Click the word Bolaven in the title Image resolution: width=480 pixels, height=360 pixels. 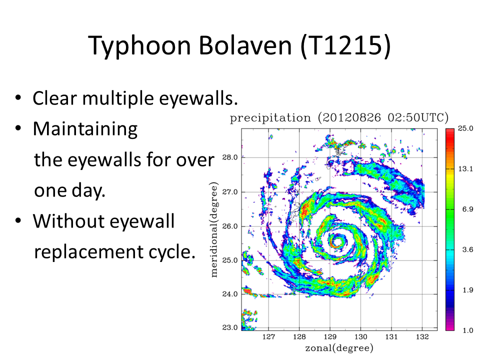click(x=245, y=45)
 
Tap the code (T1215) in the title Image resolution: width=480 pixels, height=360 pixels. click(x=345, y=46)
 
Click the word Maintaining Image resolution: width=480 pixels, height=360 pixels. click(x=85, y=129)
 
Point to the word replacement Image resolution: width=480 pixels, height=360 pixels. click(x=89, y=252)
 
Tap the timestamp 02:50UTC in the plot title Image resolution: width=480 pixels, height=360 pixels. click(x=415, y=118)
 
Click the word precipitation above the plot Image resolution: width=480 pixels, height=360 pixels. click(x=270, y=118)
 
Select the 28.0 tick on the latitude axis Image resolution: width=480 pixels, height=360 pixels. click(x=230, y=157)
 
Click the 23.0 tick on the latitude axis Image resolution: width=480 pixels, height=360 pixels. click(x=230, y=327)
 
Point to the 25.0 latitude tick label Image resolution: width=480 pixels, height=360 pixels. click(x=230, y=260)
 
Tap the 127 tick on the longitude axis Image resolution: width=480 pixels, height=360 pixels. click(x=269, y=337)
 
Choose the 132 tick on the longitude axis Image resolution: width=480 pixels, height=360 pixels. click(x=422, y=337)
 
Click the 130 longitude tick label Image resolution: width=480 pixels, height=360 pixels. click(x=361, y=337)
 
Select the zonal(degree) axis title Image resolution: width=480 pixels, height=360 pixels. click(x=339, y=348)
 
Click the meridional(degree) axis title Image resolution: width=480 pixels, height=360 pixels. click(x=214, y=230)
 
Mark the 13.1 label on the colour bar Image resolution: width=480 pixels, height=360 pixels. click(x=465, y=168)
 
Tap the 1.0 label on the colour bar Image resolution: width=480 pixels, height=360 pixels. click(x=468, y=330)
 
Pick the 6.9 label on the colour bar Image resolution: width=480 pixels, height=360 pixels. click(x=468, y=209)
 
